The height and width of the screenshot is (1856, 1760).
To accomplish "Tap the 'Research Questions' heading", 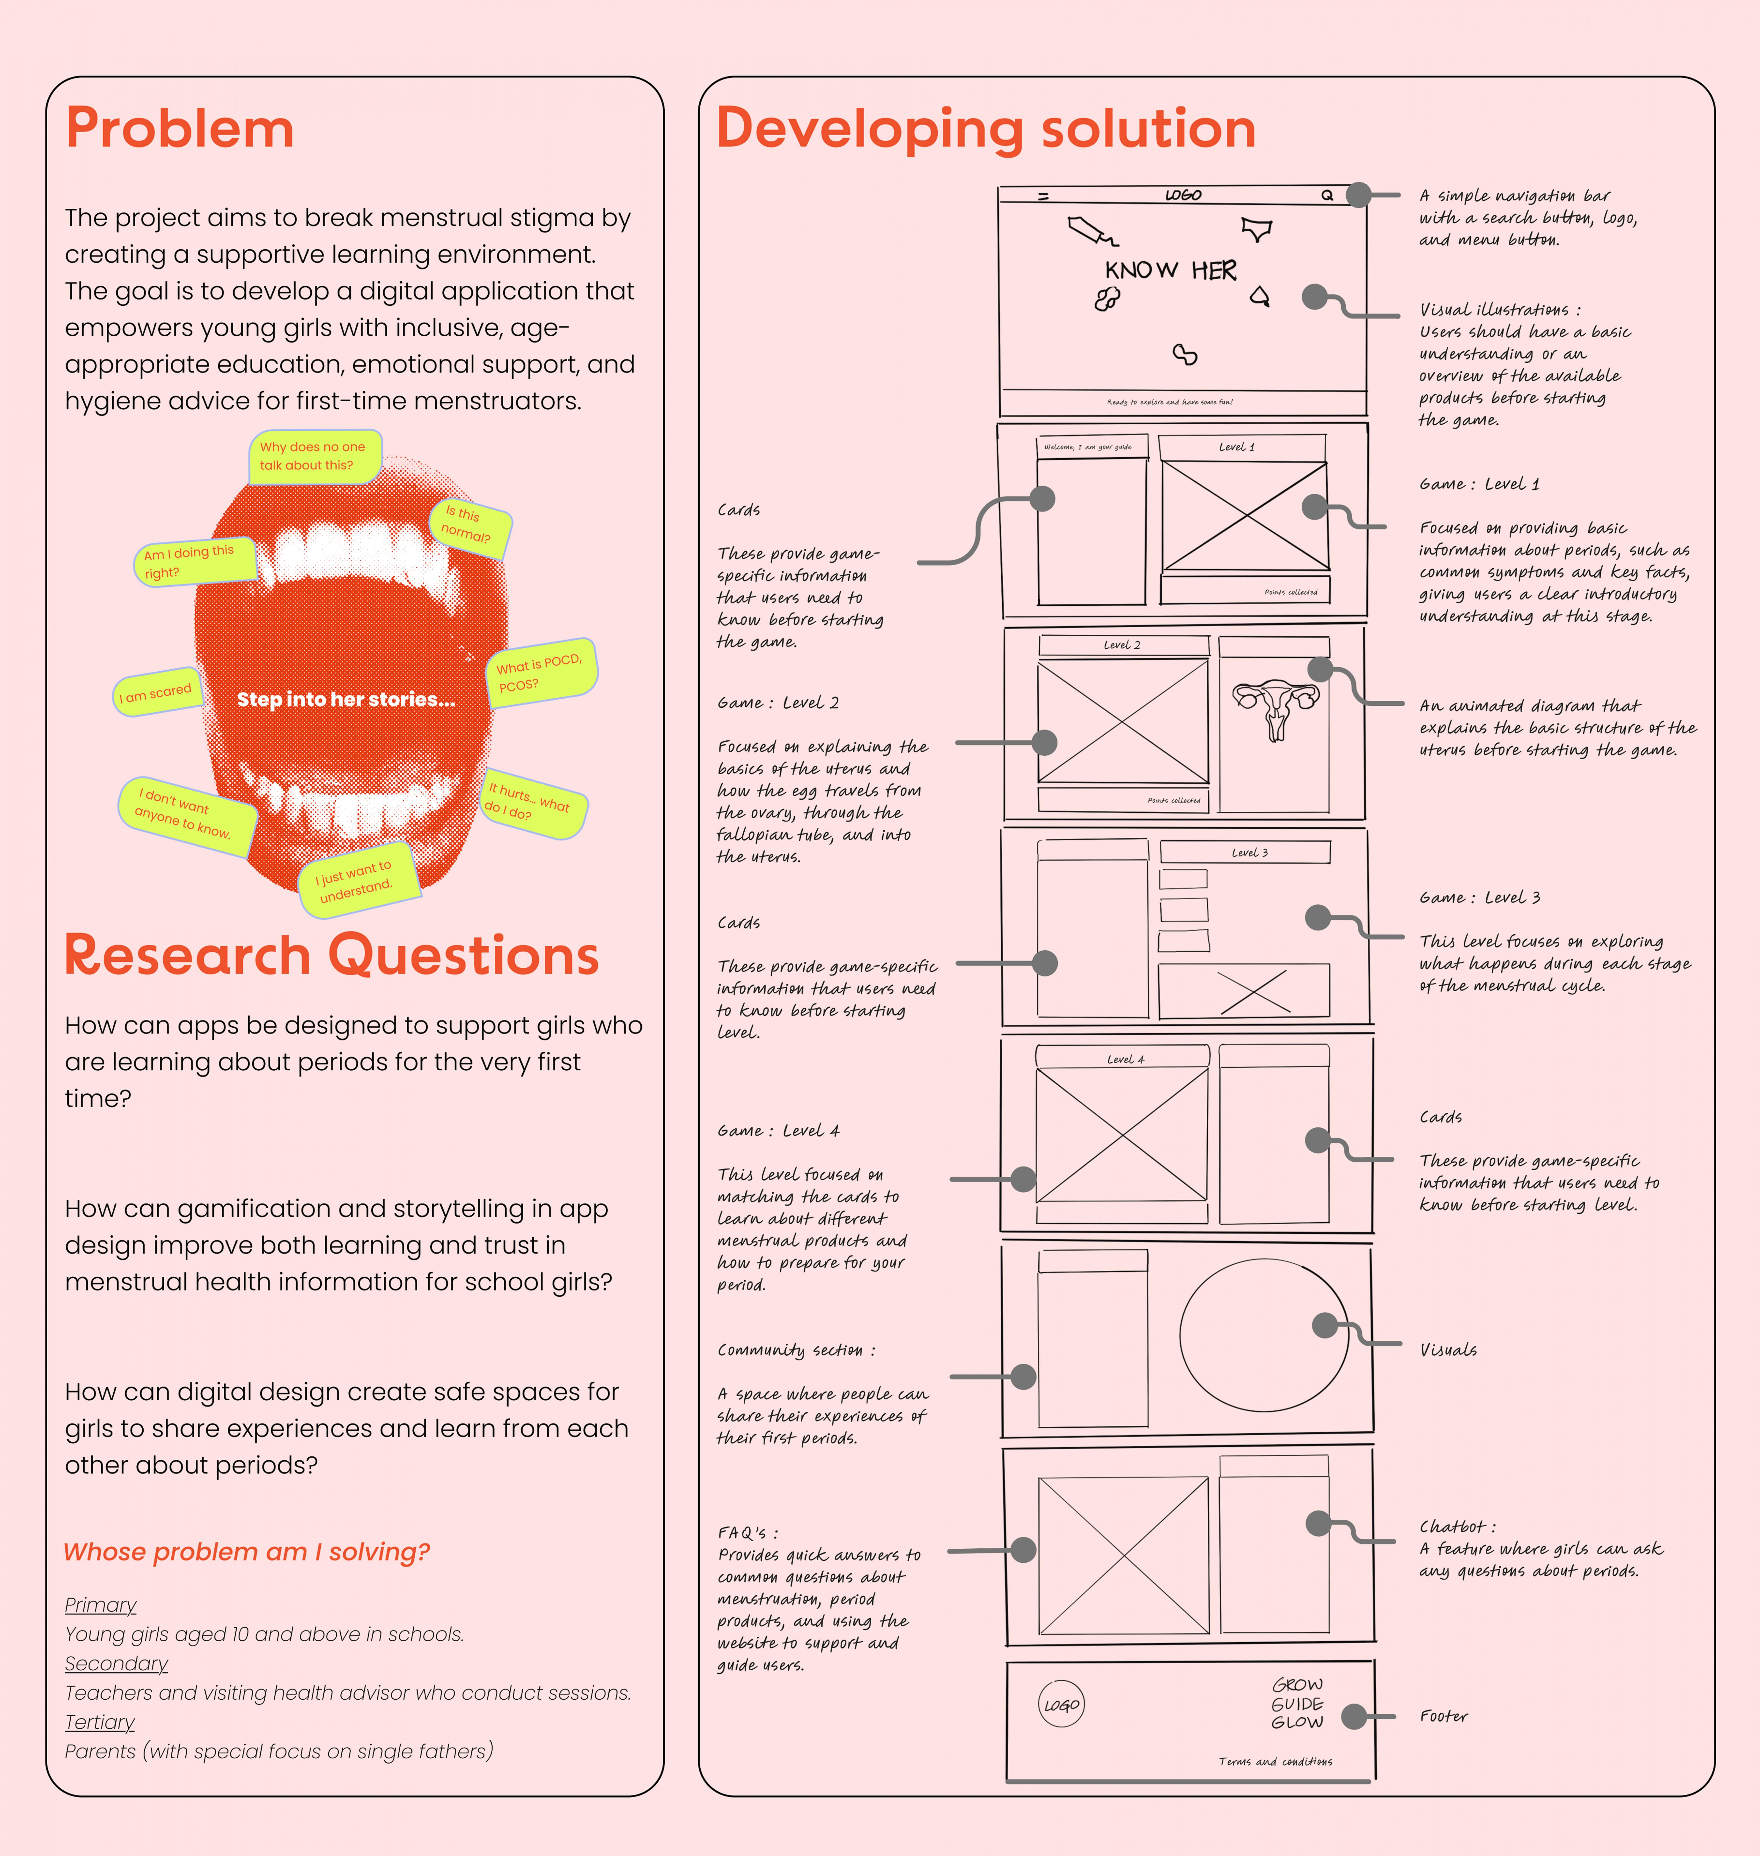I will [331, 956].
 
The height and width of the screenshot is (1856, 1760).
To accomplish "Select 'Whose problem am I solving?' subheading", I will [246, 1552].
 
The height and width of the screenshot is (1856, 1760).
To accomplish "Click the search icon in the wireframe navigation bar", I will [1327, 195].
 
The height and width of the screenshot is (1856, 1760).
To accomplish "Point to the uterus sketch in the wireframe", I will [1275, 708].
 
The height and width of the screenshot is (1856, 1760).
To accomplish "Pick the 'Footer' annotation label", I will [1443, 1716].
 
